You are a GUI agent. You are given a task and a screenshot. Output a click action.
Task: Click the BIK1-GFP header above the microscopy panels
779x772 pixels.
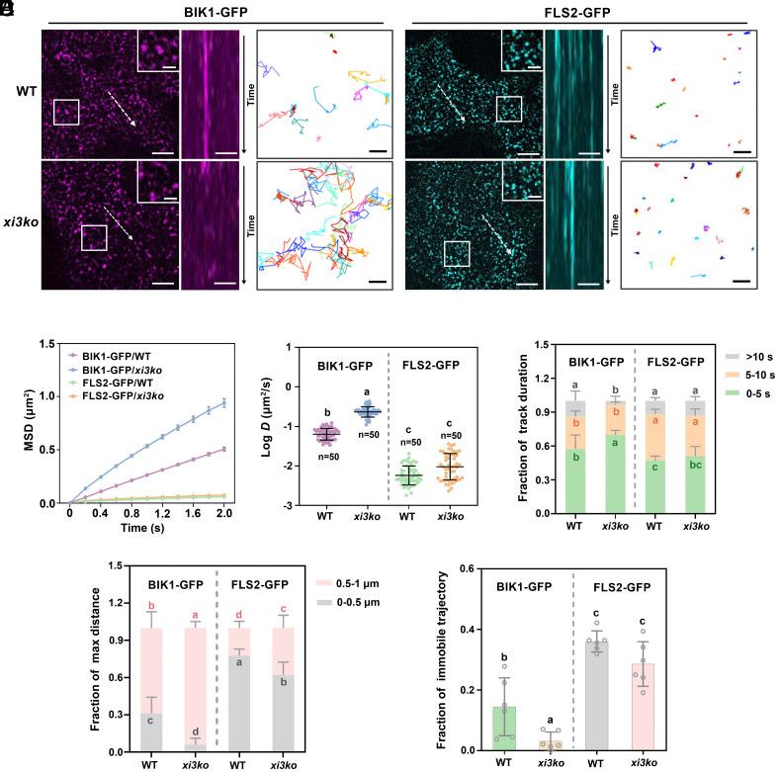[211, 11]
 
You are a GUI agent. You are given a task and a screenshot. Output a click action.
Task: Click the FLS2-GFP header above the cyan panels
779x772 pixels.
[581, 11]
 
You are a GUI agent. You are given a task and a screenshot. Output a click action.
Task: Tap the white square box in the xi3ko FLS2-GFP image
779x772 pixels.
[458, 253]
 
